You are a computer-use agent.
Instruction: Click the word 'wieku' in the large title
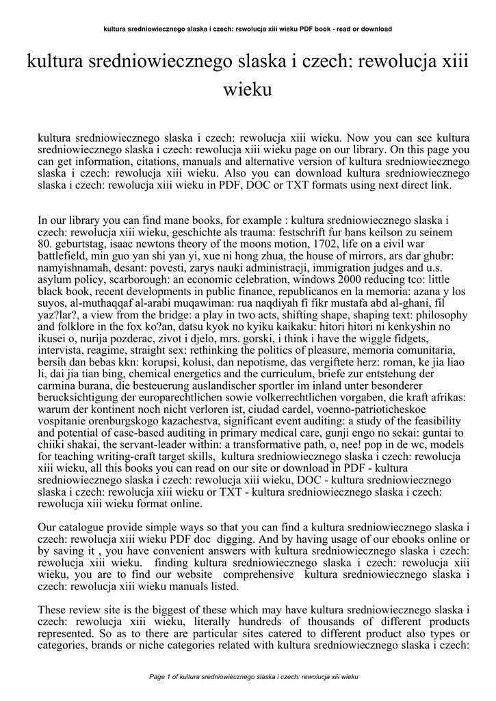(x=248, y=90)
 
